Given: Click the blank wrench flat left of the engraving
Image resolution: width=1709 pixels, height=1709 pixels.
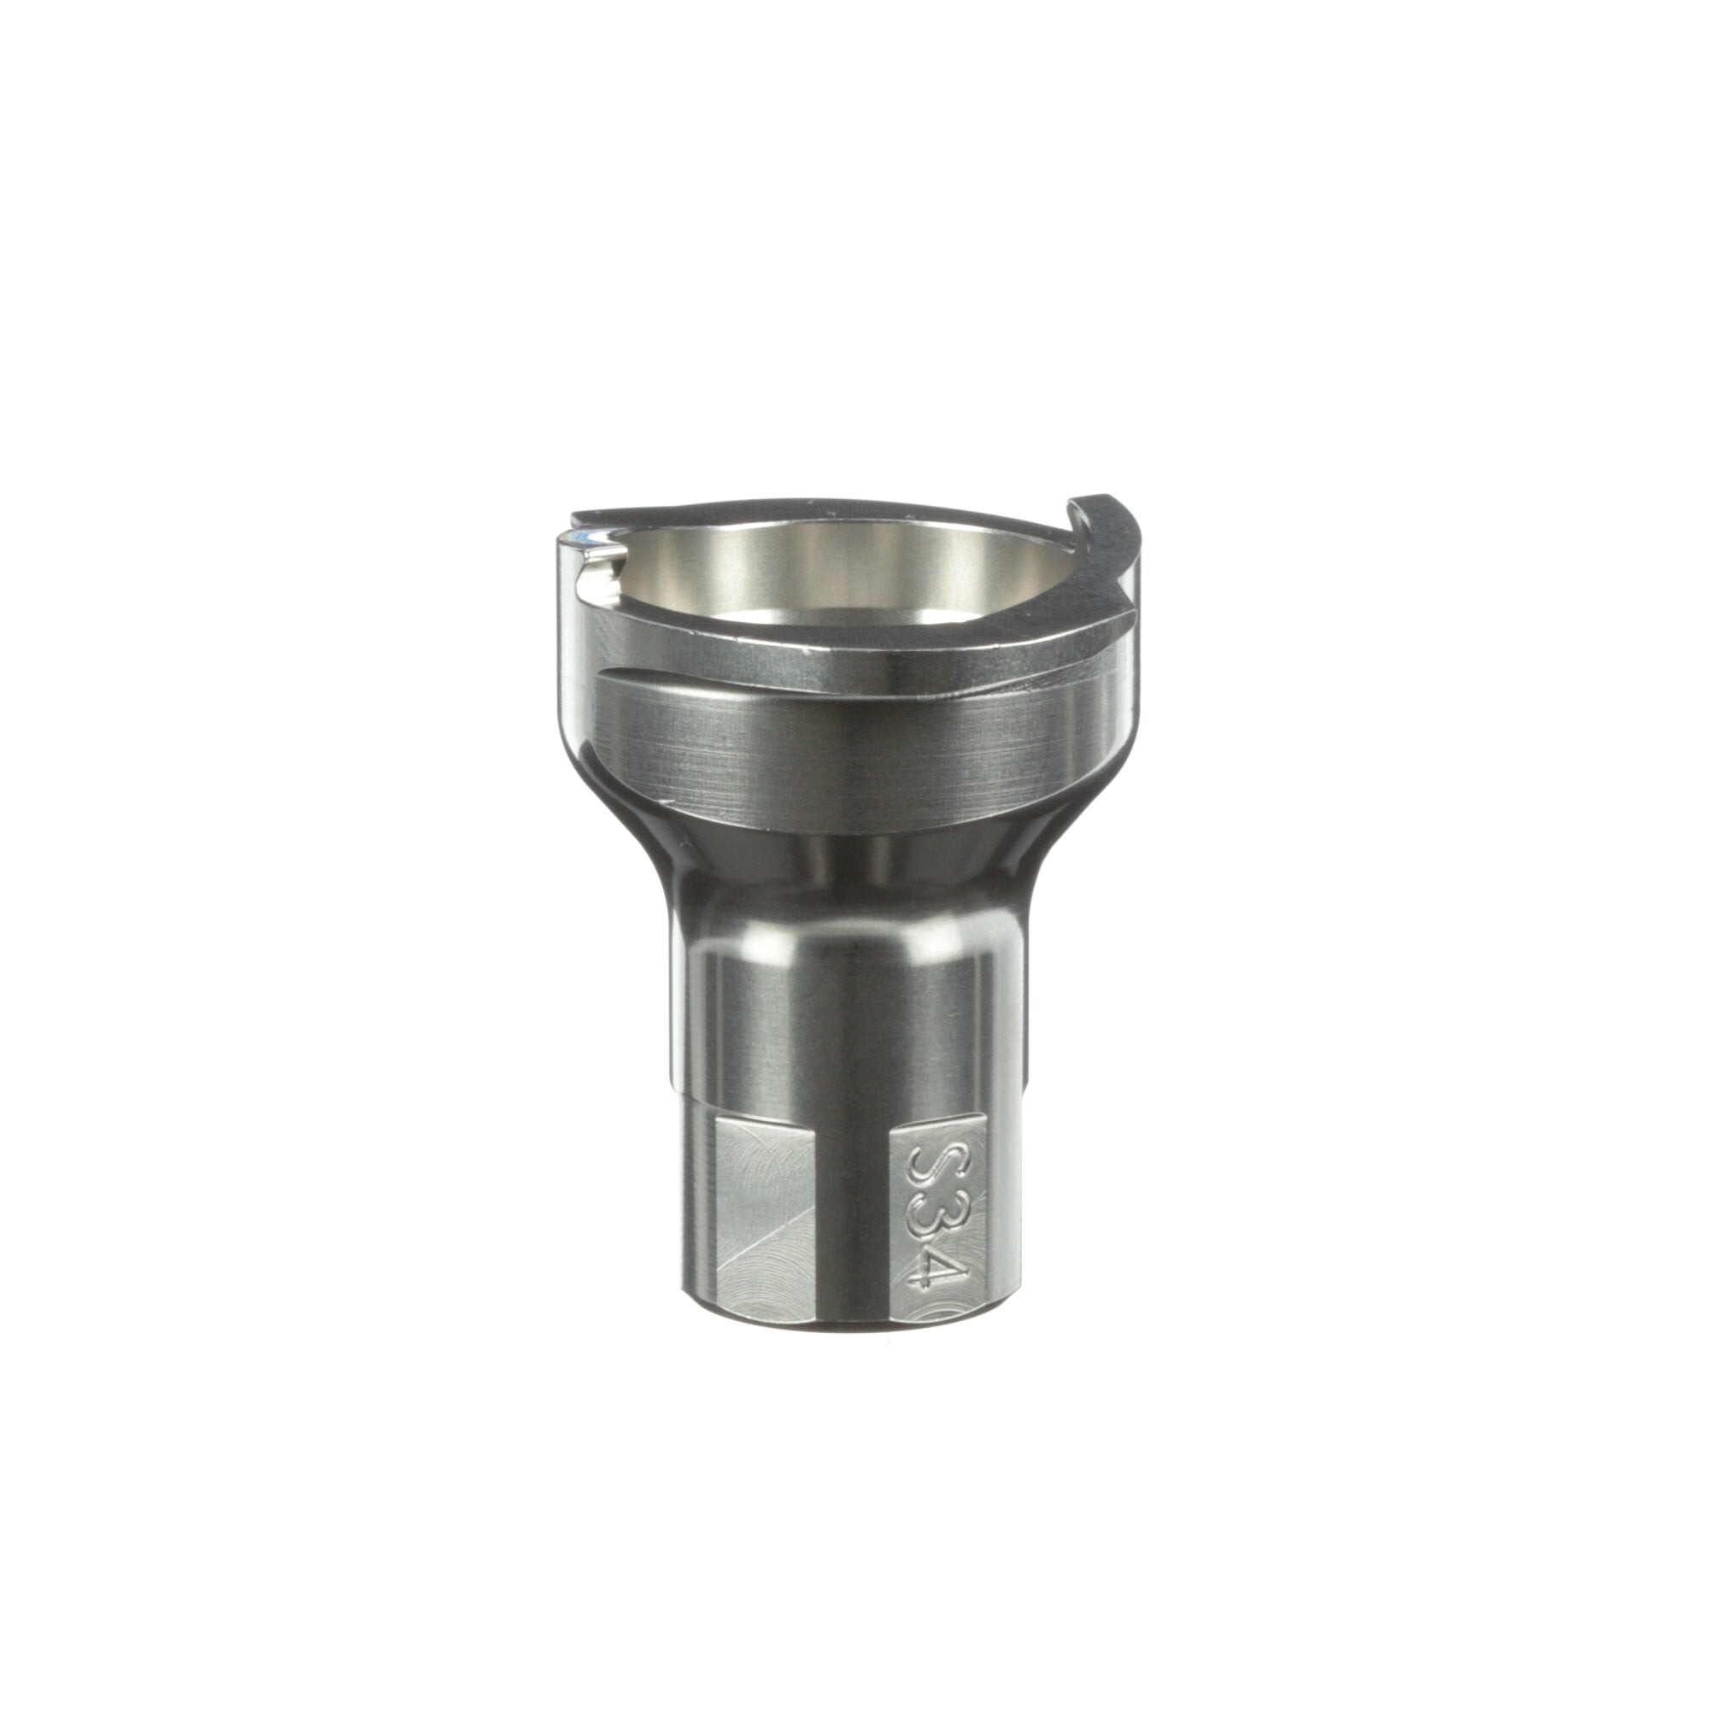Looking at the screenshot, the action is tap(762, 1230).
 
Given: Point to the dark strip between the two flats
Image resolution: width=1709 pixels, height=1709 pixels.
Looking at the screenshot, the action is tap(852, 1230).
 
